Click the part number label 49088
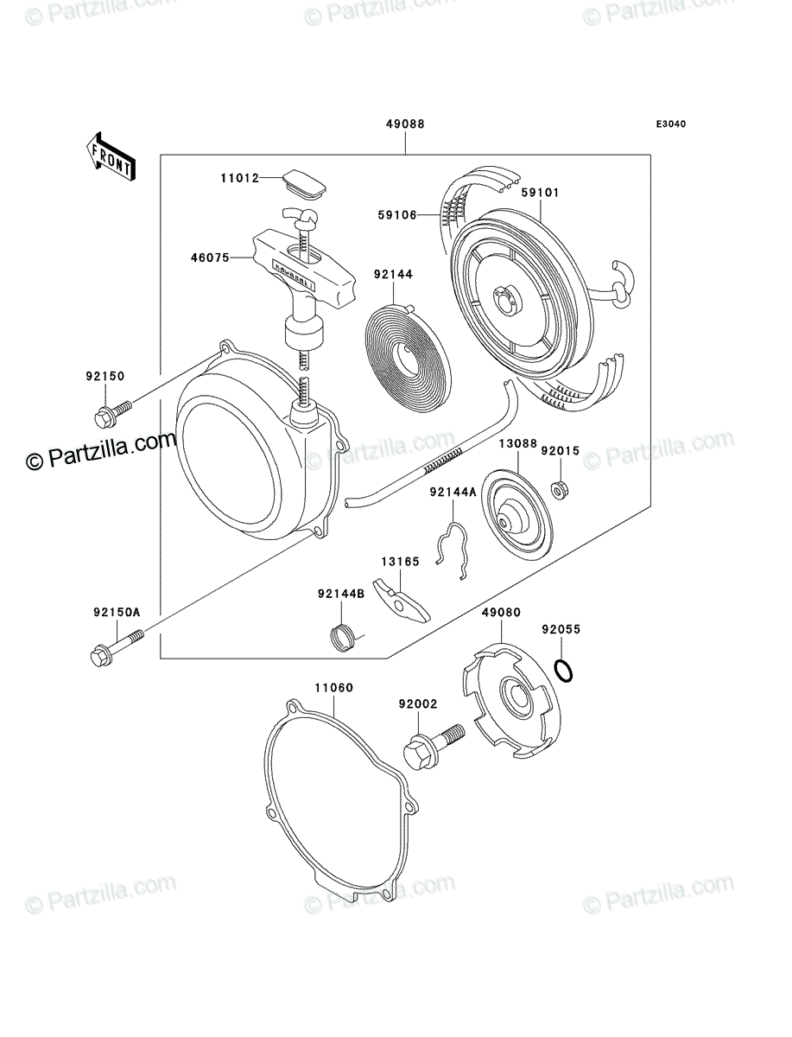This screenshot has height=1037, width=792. [405, 124]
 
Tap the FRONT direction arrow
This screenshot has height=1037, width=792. [111, 156]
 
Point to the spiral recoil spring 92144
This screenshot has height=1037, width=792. [408, 351]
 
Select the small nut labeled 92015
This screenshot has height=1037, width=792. [561, 489]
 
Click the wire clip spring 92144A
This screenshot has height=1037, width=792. [452, 550]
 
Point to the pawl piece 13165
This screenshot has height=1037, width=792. [402, 600]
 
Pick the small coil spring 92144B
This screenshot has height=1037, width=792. [345, 638]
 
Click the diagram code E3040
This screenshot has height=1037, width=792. [671, 124]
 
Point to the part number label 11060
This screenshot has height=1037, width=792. [334, 687]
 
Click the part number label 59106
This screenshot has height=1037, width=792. [397, 215]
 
